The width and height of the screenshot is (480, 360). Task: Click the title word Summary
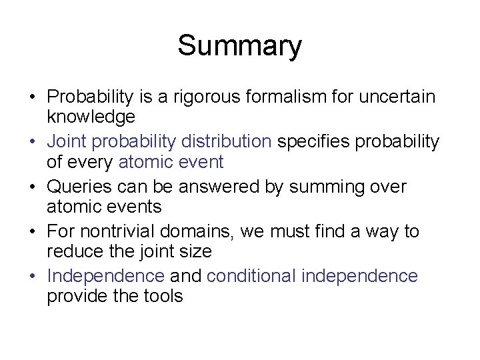coord(239,47)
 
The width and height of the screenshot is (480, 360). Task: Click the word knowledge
coord(91,118)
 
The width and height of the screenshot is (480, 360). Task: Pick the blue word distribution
coord(226,142)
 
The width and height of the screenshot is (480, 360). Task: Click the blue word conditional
coord(251,276)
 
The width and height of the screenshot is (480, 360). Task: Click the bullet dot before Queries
coord(33,187)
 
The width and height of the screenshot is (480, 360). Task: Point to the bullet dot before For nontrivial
coord(33,232)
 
